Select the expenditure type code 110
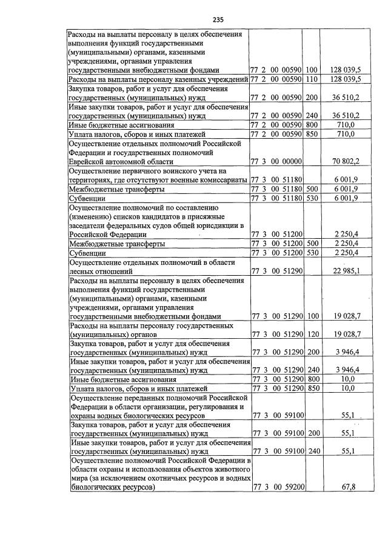coord(312,79)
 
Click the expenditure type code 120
coord(312,334)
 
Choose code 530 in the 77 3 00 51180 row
coord(312,198)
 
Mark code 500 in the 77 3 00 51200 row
coord(312,243)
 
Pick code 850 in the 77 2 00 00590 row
coord(312,133)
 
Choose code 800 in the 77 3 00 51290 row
coord(312,379)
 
